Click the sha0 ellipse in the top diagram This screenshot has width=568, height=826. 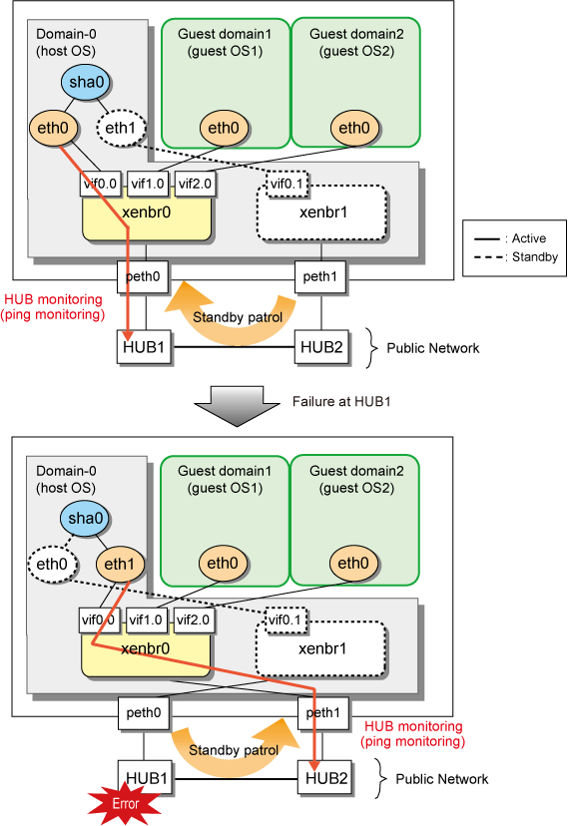[86, 82]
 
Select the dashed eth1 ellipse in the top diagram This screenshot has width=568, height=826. [121, 128]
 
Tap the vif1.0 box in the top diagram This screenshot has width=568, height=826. [148, 184]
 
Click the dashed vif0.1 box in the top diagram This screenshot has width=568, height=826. [287, 184]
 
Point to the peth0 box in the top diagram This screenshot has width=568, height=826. [143, 276]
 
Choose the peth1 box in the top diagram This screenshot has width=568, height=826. [319, 276]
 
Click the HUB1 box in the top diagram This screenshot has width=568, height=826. [144, 347]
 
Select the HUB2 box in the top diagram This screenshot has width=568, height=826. [321, 347]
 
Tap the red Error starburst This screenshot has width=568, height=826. [125, 804]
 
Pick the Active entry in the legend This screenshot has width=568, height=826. [510, 238]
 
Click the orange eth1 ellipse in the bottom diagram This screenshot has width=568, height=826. [120, 564]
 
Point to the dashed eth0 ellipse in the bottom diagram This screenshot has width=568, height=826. [52, 565]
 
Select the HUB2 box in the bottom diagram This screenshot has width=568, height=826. [326, 778]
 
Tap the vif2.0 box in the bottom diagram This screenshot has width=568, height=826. [193, 619]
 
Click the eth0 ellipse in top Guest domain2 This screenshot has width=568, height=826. [354, 128]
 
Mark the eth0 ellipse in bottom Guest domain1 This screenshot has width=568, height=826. [223, 563]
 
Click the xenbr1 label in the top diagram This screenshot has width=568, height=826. [323, 212]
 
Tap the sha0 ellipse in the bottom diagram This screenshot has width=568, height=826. [86, 519]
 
